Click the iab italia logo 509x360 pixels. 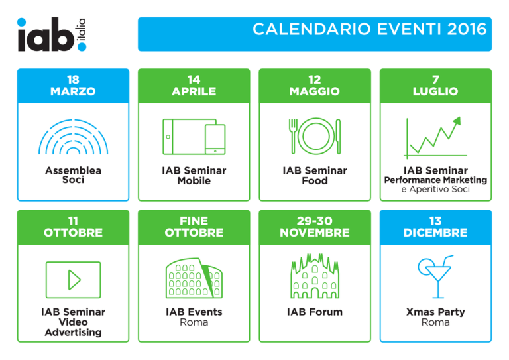point(52,34)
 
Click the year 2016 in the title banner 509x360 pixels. point(467,29)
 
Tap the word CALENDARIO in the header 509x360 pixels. point(311,29)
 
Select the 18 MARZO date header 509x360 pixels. point(73,86)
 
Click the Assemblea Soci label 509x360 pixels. point(73,175)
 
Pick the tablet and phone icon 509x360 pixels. point(194,137)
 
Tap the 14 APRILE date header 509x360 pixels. point(194,86)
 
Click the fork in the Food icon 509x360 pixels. point(293,136)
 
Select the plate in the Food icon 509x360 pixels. point(316,136)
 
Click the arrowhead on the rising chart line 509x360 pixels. point(457,120)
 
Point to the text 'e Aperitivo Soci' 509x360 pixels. point(435,189)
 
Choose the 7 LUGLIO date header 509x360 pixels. point(435,86)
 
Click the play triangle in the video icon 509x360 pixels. point(74,280)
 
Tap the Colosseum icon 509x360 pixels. point(194,278)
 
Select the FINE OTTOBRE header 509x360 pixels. point(194,227)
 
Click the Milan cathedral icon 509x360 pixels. point(315,276)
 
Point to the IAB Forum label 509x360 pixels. point(315,312)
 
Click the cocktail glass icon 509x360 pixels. point(435,276)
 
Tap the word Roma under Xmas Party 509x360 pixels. point(435,322)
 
